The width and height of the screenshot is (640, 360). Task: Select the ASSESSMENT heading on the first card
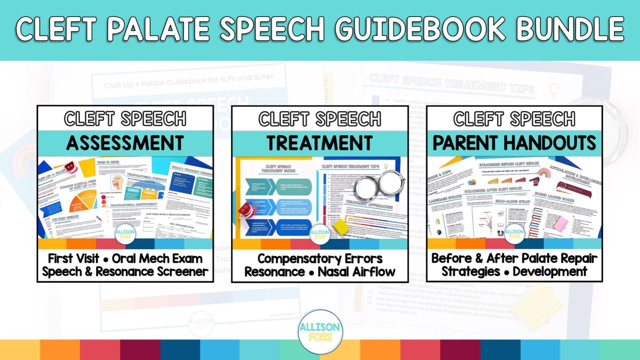125,143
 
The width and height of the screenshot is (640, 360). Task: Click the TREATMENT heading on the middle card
320,143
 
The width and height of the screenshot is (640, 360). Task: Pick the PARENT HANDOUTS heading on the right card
514,143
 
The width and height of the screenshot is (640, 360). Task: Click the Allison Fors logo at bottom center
320,332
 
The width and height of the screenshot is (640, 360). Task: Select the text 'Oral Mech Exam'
157,259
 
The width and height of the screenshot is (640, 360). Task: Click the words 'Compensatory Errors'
320,259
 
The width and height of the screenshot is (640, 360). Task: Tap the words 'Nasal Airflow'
356,272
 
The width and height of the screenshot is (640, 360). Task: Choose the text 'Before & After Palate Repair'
514,258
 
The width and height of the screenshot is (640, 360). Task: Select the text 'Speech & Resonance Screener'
125,272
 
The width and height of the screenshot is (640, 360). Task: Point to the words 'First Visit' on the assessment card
73,259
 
